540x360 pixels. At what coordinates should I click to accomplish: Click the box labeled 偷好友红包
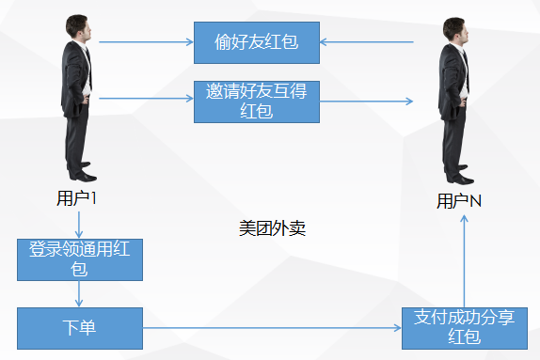257,43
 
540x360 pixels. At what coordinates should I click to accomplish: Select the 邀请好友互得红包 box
257,101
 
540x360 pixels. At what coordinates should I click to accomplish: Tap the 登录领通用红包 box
80,259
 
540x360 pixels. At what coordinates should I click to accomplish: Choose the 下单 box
80,328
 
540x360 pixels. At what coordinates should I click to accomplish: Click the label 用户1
77,198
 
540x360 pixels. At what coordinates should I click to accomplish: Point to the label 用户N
459,201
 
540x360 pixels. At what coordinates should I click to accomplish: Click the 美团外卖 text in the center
272,228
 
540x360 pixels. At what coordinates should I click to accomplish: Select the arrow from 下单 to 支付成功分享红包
272,328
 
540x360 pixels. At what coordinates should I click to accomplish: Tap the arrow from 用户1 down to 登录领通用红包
79,223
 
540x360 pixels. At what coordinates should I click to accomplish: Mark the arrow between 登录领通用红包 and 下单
79,294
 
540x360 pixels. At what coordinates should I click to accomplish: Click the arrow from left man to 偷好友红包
146,42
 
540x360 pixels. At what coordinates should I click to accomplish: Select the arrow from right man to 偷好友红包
367,42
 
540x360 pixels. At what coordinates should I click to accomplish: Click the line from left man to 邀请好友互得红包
146,98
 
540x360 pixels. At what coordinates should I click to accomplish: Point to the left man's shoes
83,175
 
